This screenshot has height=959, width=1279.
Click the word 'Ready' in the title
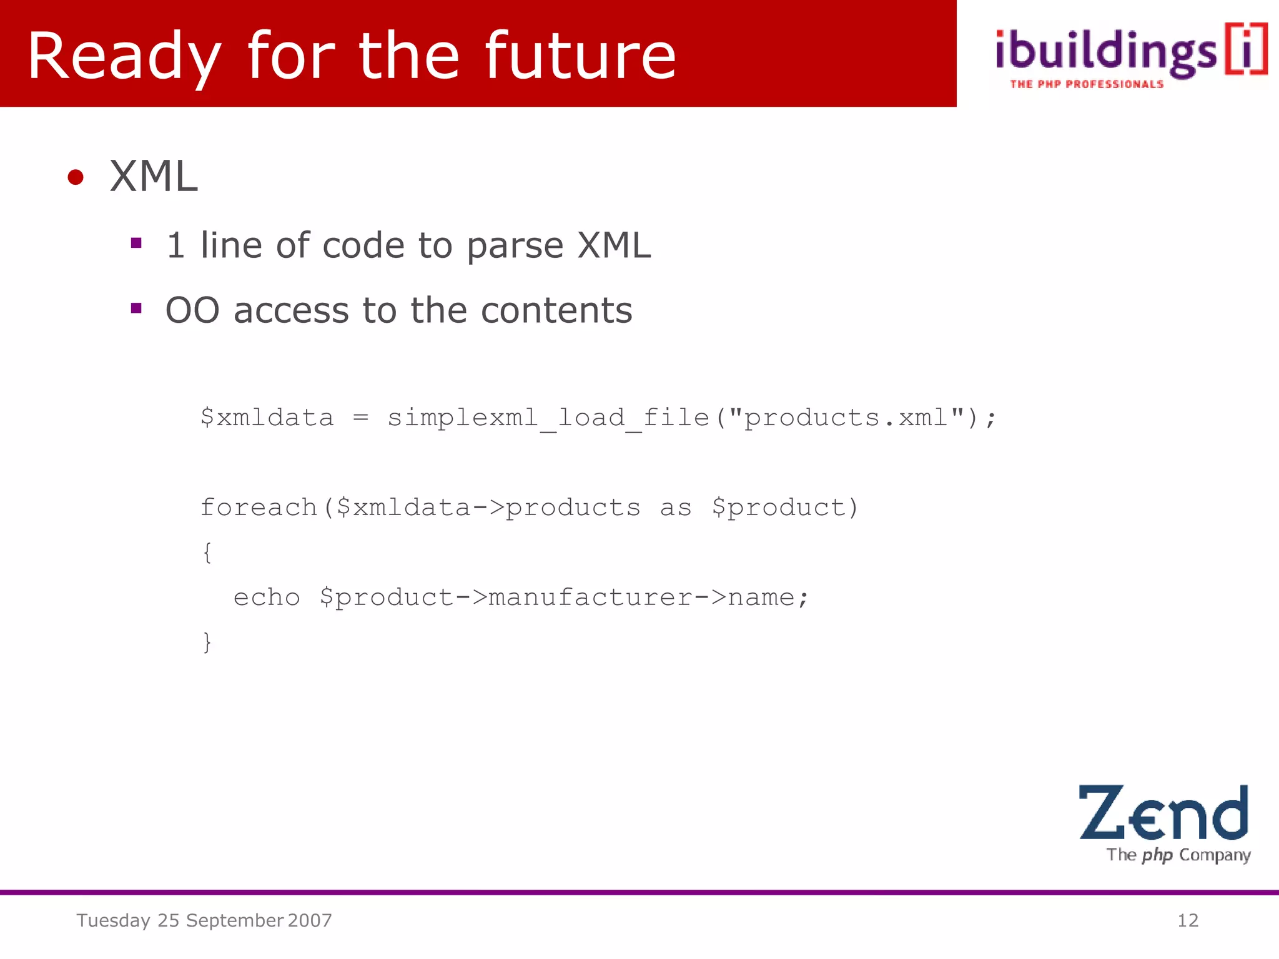124,57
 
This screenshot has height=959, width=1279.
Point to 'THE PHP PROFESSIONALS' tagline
1087,84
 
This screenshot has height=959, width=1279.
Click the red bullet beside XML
76,177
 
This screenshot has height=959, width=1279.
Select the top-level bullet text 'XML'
154,177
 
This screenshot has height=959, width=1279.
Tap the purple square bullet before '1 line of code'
136,243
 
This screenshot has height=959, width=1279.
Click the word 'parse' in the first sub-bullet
515,245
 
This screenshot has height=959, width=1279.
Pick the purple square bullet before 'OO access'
136,308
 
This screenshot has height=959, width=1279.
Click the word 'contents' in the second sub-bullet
556,310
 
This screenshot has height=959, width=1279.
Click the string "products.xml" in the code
846,418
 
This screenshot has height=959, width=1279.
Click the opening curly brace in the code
207,553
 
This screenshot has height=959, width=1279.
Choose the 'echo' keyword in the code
267,598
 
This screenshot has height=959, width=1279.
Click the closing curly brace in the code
207,642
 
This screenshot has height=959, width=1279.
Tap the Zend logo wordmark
1163,812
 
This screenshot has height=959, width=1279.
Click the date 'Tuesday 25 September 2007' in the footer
204,920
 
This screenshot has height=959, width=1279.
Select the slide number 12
1188,920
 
